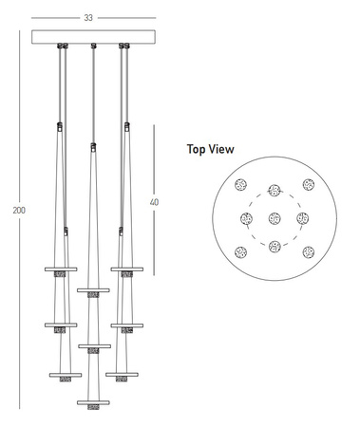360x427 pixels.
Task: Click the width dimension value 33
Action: coord(88,18)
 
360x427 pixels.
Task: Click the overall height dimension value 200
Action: coord(19,211)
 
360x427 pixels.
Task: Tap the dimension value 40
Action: coord(154,202)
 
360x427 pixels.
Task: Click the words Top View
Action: coord(211,149)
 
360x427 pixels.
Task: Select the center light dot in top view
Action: coord(275,218)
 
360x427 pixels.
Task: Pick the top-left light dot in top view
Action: coord(241,185)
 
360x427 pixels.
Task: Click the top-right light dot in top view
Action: coord(309,185)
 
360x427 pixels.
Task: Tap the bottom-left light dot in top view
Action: coord(241,252)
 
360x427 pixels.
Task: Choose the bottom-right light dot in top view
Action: coord(309,252)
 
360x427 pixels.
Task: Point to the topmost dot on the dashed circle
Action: coord(275,191)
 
